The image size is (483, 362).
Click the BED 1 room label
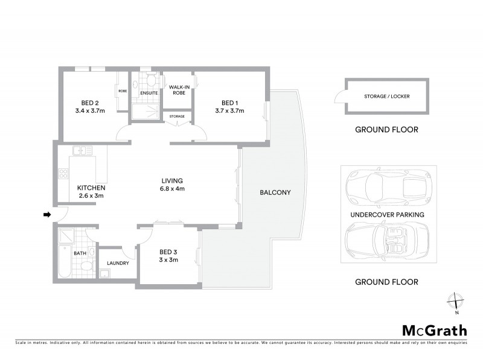coord(229,102)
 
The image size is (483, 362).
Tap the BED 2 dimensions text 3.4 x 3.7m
coord(90,110)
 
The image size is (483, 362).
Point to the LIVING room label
coord(171,180)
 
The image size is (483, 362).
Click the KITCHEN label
coord(91,188)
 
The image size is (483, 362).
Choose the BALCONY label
coord(275,193)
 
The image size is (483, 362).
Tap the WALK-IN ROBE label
coord(179,91)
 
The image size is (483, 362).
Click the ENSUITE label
coord(149,94)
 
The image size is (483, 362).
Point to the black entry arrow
coord(46,214)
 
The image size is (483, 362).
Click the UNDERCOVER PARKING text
coord(386,214)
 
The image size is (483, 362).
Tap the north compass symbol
coord(457,302)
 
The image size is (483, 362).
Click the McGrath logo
coord(434,330)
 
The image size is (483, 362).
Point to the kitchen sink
coord(78,150)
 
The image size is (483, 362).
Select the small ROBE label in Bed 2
coord(123,91)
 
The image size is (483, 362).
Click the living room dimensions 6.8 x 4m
coord(172,189)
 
